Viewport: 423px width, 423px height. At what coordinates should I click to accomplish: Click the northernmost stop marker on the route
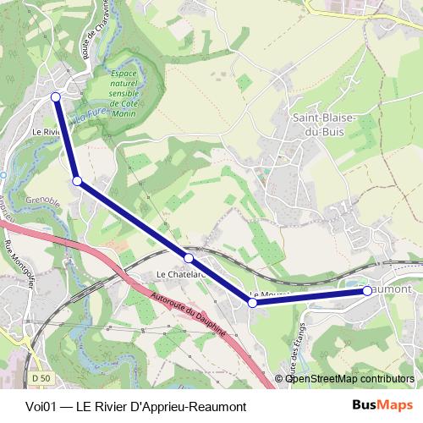(x=56, y=96)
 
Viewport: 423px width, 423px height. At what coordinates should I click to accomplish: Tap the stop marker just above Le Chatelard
(x=189, y=257)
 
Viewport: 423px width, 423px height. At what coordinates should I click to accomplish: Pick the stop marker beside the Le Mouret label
(x=252, y=302)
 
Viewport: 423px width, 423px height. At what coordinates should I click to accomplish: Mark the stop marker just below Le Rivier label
(x=77, y=180)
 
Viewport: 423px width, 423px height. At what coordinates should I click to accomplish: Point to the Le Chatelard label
(x=180, y=274)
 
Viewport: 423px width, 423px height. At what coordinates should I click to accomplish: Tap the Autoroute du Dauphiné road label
(x=190, y=315)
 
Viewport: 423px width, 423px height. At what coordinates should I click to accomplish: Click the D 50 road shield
(x=40, y=376)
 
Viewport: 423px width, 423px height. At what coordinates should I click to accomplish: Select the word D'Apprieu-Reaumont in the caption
(x=178, y=406)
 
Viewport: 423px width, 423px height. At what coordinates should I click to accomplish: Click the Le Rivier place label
(x=46, y=132)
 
